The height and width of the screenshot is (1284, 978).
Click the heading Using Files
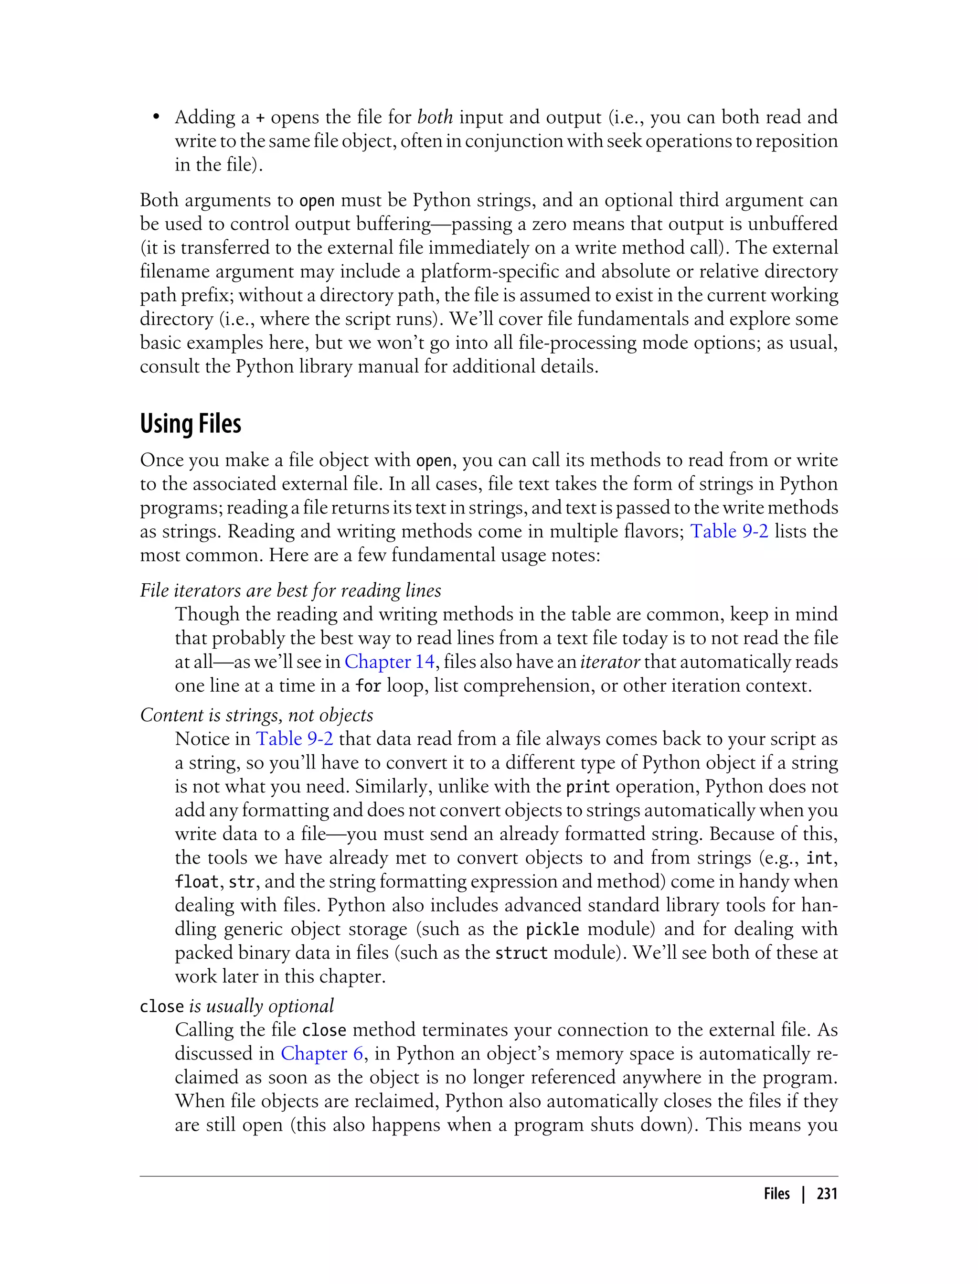point(191,424)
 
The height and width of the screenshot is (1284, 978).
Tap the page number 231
point(826,1194)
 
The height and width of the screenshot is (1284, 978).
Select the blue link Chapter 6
point(321,1053)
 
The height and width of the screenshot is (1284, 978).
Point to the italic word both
point(435,117)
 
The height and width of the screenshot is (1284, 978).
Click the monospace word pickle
point(553,930)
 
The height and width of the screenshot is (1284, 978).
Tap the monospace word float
point(197,882)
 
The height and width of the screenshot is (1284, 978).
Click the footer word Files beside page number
point(776,1194)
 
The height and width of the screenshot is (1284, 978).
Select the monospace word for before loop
point(368,686)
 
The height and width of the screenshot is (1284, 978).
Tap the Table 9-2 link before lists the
point(729,531)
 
